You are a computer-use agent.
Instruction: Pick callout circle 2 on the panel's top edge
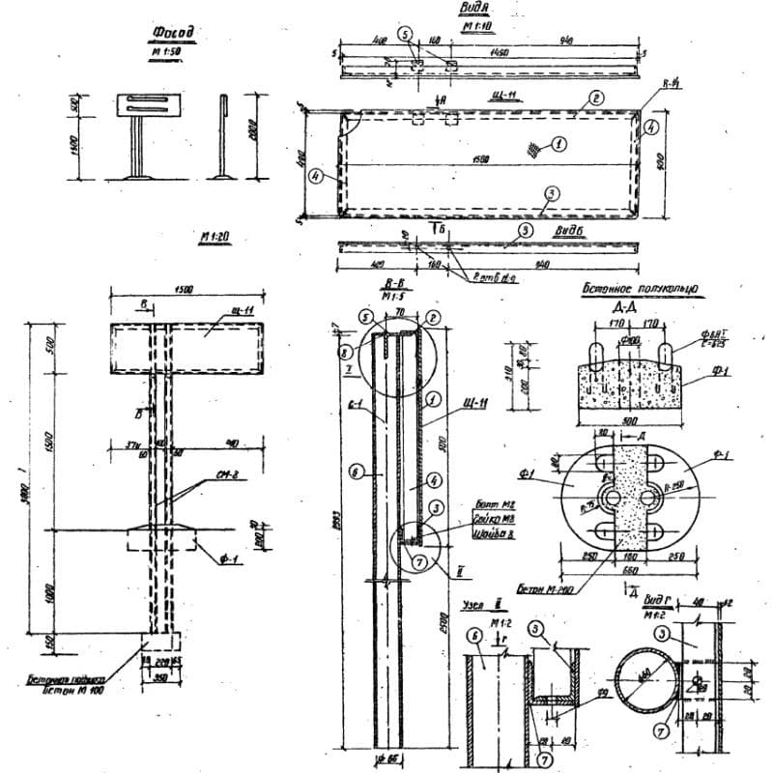click(x=596, y=99)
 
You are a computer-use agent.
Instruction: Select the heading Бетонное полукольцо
click(x=639, y=287)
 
